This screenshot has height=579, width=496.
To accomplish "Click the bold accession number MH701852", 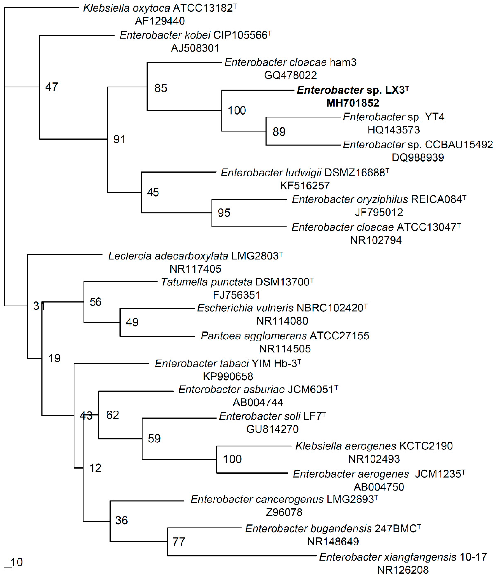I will [353, 103].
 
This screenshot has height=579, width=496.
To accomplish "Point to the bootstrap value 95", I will [224, 213].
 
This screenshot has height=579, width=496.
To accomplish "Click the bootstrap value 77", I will [179, 542].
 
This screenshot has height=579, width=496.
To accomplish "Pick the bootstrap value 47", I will [52, 87].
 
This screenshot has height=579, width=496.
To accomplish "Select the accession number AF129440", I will [160, 21].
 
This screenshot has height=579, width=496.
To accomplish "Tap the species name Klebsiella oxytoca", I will [126, 8].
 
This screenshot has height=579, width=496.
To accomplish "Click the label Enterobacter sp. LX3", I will [351, 90].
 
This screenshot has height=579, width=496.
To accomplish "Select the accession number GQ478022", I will [290, 75].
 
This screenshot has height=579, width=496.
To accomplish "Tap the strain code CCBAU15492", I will [459, 145].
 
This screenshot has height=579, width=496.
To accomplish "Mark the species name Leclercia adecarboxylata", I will [168, 256].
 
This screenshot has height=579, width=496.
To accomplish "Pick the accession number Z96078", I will [284, 512].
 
